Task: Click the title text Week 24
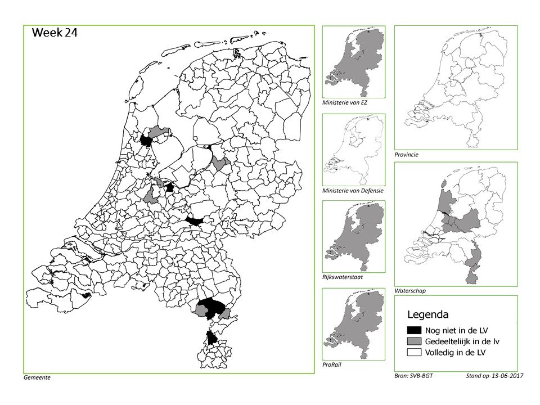click(55, 33)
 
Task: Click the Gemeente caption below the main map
click(37, 377)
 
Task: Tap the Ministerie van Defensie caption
click(353, 191)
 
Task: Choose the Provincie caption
click(407, 154)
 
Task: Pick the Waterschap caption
click(410, 291)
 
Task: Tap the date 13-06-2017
click(503, 374)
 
